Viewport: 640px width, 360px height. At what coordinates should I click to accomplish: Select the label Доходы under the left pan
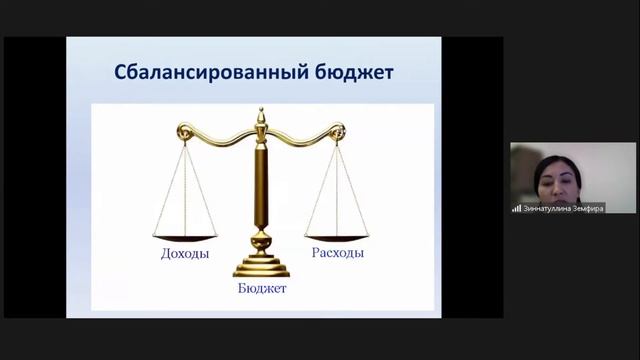click(185, 254)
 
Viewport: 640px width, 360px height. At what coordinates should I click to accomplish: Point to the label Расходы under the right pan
click(337, 253)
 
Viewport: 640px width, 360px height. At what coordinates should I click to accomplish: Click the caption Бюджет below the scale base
click(262, 288)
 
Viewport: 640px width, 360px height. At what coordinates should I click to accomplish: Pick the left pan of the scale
click(185, 237)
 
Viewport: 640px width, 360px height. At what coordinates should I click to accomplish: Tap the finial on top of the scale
click(261, 116)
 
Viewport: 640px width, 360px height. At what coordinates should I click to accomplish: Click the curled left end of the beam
click(183, 130)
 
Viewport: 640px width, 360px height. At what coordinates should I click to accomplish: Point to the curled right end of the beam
click(339, 130)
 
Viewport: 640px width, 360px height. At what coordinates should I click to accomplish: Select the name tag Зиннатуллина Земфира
click(558, 208)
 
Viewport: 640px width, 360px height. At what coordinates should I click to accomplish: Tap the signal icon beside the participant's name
click(516, 208)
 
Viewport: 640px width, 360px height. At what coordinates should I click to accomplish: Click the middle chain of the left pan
click(185, 190)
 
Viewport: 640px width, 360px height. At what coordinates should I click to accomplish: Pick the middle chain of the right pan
click(337, 190)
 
